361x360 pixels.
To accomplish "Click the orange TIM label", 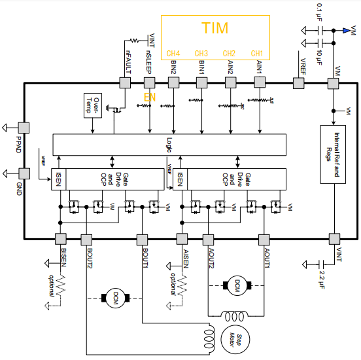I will [x=215, y=28].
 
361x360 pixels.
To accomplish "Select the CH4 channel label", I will [x=173, y=53].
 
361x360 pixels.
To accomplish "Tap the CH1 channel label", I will [x=257, y=53].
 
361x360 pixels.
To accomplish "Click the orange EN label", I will [x=150, y=98].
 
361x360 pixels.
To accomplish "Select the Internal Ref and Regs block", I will [x=334, y=153].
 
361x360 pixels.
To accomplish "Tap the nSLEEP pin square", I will [x=150, y=82].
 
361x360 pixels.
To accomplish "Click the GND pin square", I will [x=24, y=174].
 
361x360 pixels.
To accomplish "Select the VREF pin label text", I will [x=302, y=63].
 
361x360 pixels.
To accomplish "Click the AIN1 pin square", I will [x=260, y=82].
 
